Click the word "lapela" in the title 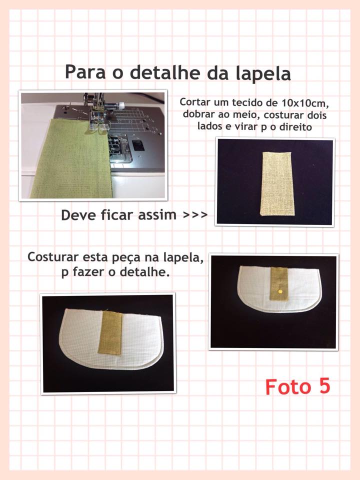pos(263,73)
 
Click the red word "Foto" pos(288,386)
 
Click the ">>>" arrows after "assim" pos(195,215)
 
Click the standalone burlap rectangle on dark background pos(276,183)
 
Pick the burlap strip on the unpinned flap pos(110,332)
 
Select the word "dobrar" pos(199,114)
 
